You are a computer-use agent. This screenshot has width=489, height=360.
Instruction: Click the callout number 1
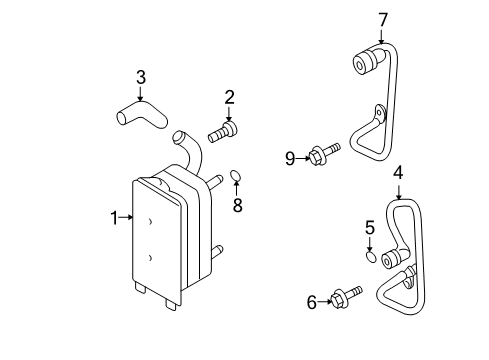click(115, 216)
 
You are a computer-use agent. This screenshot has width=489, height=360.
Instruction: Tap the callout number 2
click(229, 96)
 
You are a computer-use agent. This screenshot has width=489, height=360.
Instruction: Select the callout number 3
click(141, 76)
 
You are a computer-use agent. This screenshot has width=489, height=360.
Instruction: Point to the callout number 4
click(398, 172)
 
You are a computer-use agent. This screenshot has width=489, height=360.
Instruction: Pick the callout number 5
click(369, 227)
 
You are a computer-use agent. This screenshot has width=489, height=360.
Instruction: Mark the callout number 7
click(381, 19)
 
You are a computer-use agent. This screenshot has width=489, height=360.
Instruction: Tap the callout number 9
click(289, 157)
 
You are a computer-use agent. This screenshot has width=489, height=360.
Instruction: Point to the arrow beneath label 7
click(381, 36)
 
